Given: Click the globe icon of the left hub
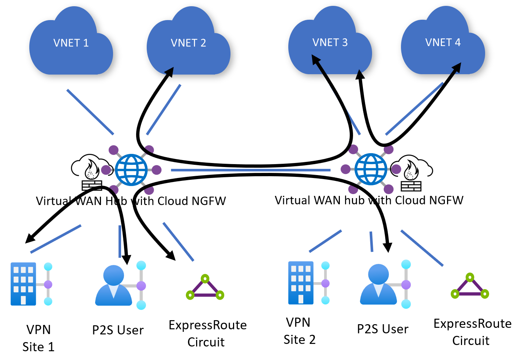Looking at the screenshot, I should (x=131, y=170).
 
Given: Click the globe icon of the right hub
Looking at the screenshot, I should (x=371, y=169).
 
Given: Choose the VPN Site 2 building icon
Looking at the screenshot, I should (x=301, y=283).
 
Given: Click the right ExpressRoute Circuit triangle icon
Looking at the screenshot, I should (x=470, y=286).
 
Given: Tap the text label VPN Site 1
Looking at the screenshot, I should (x=38, y=338).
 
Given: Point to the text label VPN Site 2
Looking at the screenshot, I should (x=299, y=331).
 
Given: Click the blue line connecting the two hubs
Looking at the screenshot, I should (x=251, y=170).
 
